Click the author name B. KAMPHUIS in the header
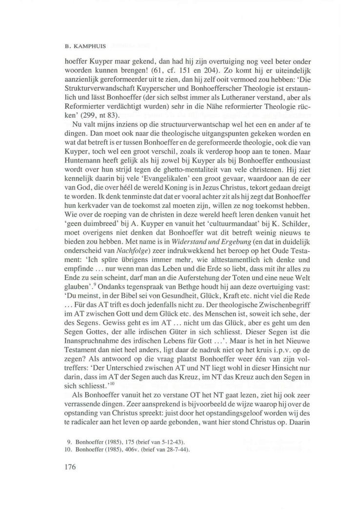[80, 48]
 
